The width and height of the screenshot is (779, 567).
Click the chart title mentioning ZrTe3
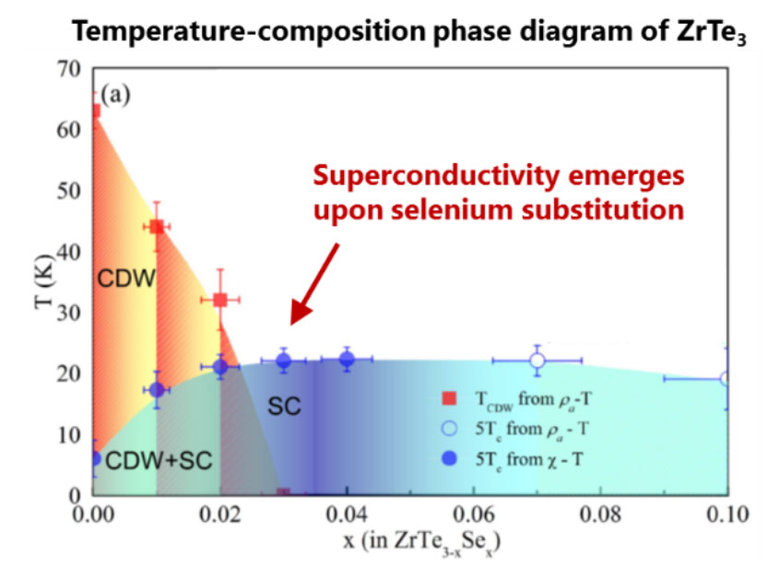409,30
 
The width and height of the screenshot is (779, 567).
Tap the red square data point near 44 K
157,227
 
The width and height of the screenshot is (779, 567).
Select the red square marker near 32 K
220,300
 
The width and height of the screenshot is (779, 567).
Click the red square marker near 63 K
95,111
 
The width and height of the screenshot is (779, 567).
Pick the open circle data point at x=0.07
537,360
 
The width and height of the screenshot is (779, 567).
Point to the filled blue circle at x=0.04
348,359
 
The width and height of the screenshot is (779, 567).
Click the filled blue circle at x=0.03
284,361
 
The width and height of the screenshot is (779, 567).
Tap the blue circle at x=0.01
157,390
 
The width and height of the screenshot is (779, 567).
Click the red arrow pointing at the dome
314,284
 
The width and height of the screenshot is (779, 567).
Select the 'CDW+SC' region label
159,461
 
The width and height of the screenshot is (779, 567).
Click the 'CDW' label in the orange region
126,278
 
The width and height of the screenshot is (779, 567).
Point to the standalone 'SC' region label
284,406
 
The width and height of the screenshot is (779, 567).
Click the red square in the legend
449,398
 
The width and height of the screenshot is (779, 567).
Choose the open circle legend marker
449,429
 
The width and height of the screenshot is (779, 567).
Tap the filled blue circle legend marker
449,458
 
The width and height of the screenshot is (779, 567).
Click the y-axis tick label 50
68,191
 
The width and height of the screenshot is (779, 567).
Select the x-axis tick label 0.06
474,514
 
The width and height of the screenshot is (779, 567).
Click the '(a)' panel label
116,94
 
